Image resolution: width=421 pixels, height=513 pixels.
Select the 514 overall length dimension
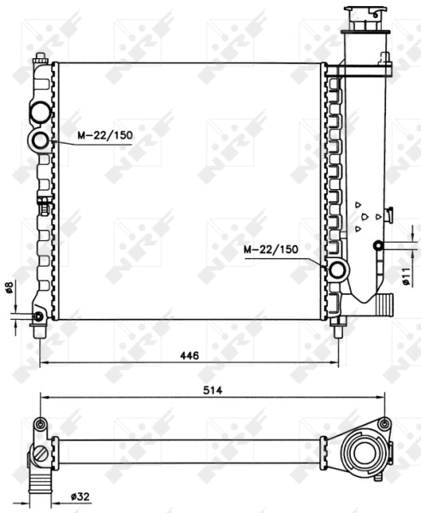point(212,390)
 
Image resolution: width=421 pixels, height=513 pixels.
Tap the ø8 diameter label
point(9,291)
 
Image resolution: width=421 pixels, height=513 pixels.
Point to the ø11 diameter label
point(407,275)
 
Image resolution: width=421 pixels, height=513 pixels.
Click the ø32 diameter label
point(80,496)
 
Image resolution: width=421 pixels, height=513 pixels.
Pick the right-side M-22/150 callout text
point(271,250)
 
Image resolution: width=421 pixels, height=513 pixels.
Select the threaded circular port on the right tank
point(337,272)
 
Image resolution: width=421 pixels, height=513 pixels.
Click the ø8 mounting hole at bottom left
point(38,317)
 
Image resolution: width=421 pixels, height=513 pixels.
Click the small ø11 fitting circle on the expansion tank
point(377,247)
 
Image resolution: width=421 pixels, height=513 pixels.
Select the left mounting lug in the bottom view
point(39,424)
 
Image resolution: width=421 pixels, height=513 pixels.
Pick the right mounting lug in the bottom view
point(384,423)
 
